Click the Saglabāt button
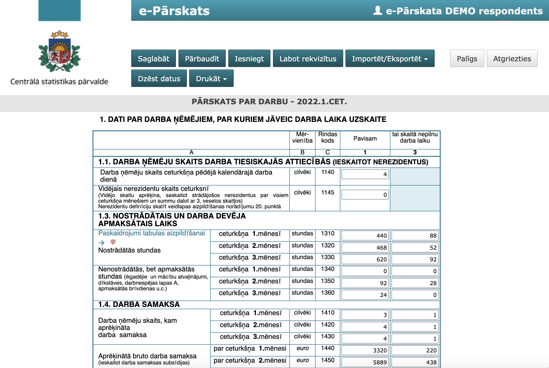click(x=153, y=59)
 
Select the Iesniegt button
click(x=249, y=59)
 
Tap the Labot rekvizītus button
click(x=308, y=59)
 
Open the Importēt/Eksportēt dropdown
click(x=390, y=59)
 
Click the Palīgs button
click(x=467, y=59)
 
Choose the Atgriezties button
click(x=512, y=59)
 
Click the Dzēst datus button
click(x=159, y=78)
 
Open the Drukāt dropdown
click(x=211, y=78)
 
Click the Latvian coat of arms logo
click(x=59, y=51)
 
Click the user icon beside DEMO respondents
click(x=378, y=10)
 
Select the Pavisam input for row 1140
click(x=365, y=174)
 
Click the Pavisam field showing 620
click(x=365, y=259)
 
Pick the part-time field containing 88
click(x=415, y=236)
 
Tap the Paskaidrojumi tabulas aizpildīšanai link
click(x=151, y=233)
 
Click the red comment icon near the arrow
click(x=113, y=242)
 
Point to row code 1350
click(x=328, y=281)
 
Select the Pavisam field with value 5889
click(x=365, y=362)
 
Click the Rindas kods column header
click(x=328, y=137)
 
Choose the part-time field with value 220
click(x=415, y=350)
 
